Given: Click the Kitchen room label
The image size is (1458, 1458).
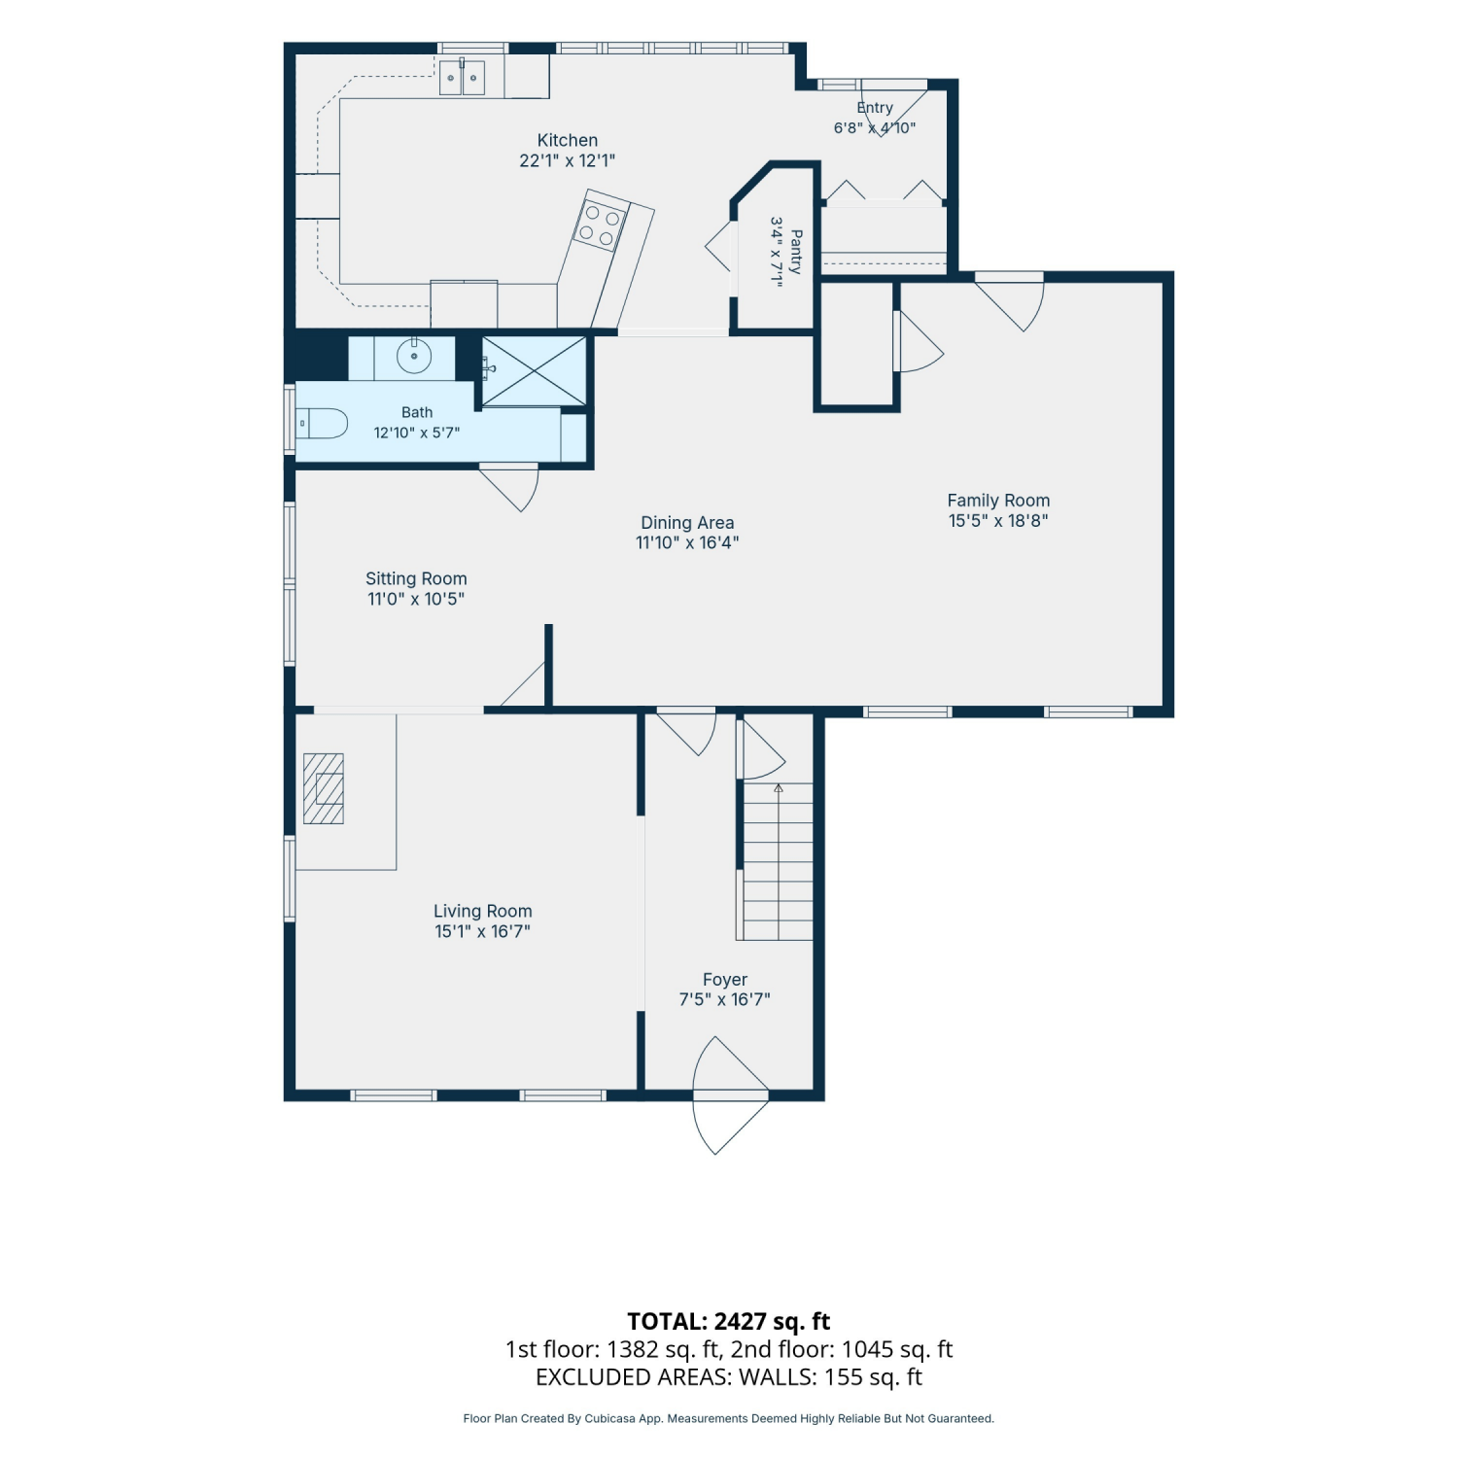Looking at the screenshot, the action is pyautogui.click(x=568, y=141).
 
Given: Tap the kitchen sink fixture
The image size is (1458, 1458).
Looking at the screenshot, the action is pyautogui.click(x=462, y=77).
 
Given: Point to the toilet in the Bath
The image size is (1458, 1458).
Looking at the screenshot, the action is pyautogui.click(x=322, y=424).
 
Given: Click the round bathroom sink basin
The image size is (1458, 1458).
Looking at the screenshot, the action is pyautogui.click(x=415, y=356).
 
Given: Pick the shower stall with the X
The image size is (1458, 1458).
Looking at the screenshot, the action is pyautogui.click(x=535, y=370).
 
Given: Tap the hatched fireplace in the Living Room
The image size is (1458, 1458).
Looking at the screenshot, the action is pyautogui.click(x=324, y=788).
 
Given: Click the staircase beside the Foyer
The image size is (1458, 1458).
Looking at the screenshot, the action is pyautogui.click(x=777, y=861).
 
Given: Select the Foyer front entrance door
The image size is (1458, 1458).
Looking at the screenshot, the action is pyautogui.click(x=731, y=1095).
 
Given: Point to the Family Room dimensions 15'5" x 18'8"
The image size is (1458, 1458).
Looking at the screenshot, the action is pyautogui.click(x=998, y=521).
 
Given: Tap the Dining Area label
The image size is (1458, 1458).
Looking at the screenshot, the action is pyautogui.click(x=687, y=523).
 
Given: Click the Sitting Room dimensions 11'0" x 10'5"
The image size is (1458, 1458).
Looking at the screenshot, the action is pyautogui.click(x=416, y=600).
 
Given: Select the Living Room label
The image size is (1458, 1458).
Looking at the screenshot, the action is pyautogui.click(x=483, y=912).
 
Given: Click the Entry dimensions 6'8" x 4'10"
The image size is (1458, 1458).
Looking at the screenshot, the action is pyautogui.click(x=875, y=128).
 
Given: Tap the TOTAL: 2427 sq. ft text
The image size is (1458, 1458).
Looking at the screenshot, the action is pyautogui.click(x=729, y=1321).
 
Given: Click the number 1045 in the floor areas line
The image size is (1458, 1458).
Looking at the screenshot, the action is pyautogui.click(x=867, y=1349).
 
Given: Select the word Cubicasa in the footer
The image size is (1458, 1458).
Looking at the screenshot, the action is pyautogui.click(x=610, y=1419).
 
